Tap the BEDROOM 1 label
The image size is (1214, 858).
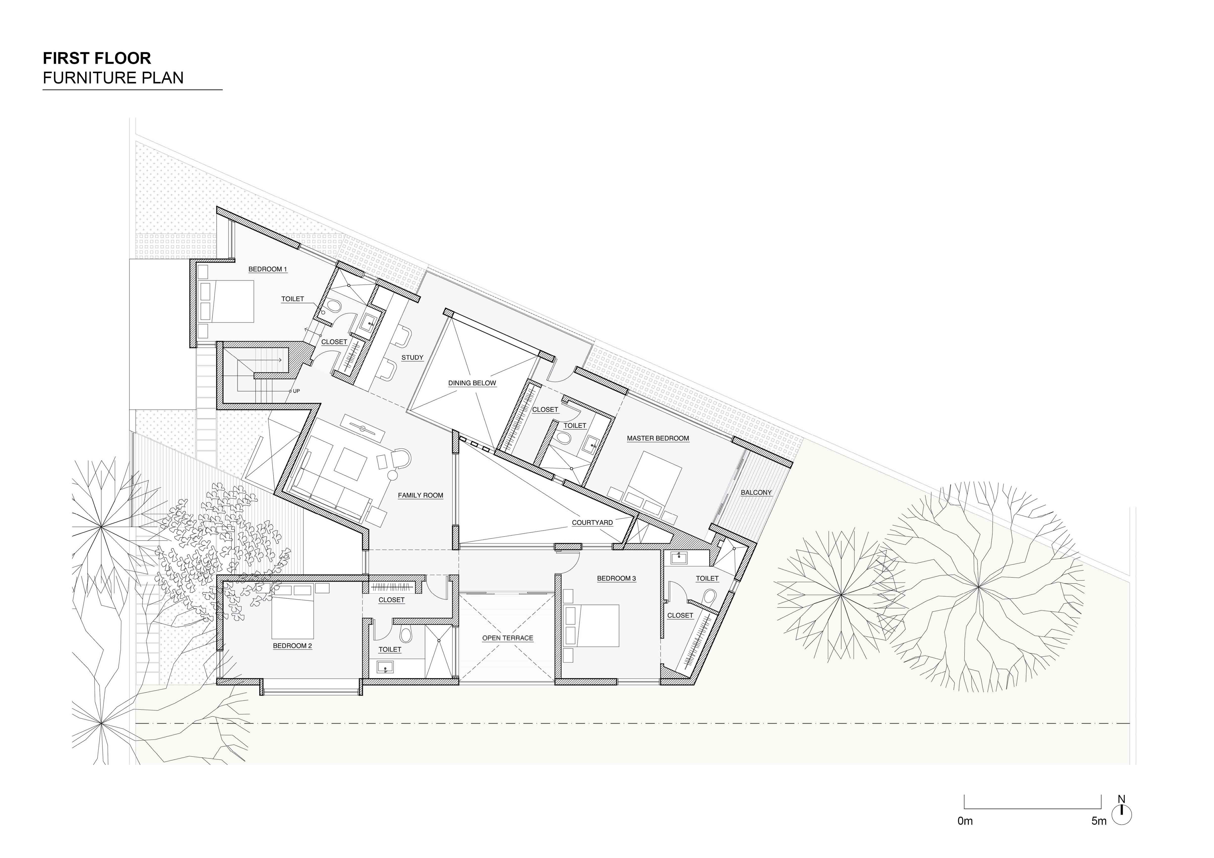pos(267,270)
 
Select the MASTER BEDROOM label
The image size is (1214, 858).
pos(658,438)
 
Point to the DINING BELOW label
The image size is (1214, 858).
pos(472,383)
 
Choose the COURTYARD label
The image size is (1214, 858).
pos(592,523)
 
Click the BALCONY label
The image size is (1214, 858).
pos(756,492)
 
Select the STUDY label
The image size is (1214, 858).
pos(412,358)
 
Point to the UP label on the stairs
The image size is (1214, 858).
pos(296,391)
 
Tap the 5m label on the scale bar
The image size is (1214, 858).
pos(1099,821)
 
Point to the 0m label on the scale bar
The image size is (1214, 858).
pos(965,821)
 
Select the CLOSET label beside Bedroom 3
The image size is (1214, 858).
pos(680,615)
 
